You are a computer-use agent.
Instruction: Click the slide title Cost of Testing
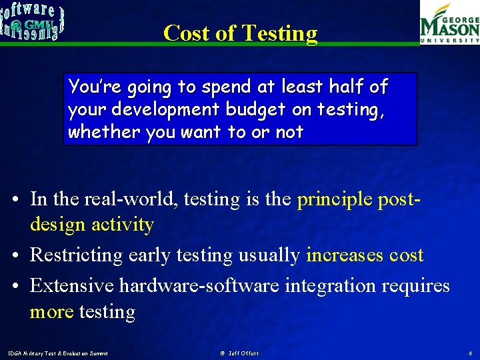click(240, 33)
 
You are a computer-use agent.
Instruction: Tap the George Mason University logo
click(449, 23)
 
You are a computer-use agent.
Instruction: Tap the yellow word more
click(51, 311)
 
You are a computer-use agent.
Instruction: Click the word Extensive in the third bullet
click(72, 285)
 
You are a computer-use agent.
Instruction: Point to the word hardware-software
click(199, 285)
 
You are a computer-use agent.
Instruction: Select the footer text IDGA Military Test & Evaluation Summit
click(57, 353)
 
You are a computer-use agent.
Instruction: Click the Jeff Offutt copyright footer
click(239, 353)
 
